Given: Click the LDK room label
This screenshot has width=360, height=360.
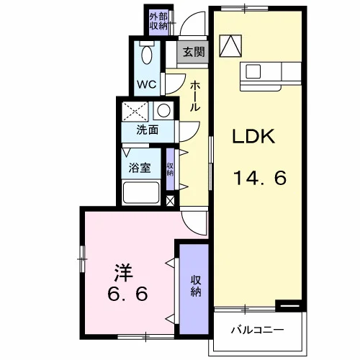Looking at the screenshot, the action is (x=253, y=136).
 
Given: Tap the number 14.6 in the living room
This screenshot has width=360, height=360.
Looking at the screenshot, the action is (x=260, y=178).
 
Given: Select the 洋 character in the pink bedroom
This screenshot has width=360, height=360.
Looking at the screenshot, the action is (x=123, y=273).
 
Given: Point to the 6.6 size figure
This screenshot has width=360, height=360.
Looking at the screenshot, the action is (x=127, y=294).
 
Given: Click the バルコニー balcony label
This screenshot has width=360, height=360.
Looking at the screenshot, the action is (x=257, y=330).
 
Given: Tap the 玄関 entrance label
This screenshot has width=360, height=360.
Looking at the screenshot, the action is (x=194, y=52).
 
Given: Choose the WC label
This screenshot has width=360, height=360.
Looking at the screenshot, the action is (x=146, y=84).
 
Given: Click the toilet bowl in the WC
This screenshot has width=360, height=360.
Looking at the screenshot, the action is (x=147, y=55).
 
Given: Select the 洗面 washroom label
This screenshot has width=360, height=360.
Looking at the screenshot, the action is (x=148, y=130).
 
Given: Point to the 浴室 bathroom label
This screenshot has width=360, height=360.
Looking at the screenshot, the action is (x=140, y=168).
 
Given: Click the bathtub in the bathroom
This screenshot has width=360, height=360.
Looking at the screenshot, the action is (x=141, y=193).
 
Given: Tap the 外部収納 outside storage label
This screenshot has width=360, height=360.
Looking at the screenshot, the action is (x=158, y=22).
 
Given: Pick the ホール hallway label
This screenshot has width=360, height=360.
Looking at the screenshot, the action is (x=195, y=96).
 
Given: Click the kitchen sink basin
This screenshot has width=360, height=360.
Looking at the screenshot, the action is (x=253, y=71).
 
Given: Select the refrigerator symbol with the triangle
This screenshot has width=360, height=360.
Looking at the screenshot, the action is (x=230, y=46).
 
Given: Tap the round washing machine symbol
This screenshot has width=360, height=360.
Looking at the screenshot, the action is (x=164, y=111).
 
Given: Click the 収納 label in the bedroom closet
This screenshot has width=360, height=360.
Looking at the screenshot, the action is (x=196, y=286).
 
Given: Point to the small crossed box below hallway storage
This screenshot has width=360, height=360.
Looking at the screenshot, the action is (x=171, y=201).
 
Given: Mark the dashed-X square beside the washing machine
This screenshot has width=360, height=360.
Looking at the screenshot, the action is (x=135, y=111).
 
